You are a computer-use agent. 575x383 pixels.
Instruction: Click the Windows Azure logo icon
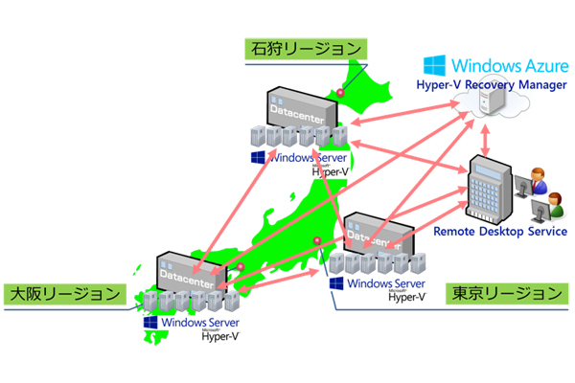click(x=436, y=66)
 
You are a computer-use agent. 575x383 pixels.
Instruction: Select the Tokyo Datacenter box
click(x=379, y=233)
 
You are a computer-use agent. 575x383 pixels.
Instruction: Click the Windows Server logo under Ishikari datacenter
click(x=257, y=157)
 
